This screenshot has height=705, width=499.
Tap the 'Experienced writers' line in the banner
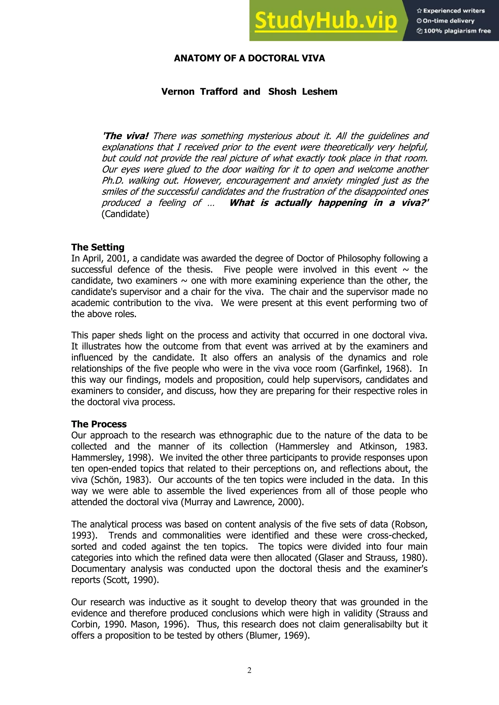(451, 11)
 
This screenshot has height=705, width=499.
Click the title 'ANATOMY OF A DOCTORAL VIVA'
(249, 58)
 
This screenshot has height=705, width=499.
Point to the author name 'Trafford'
(219, 92)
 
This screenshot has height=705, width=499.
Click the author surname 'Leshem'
(320, 92)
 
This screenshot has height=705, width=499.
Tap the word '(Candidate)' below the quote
(125, 214)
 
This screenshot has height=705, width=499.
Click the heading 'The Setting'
(98, 247)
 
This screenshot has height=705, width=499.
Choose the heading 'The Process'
(99, 424)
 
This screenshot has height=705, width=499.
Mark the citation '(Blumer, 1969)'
(278, 635)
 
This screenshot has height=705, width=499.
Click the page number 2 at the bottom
(249, 670)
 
